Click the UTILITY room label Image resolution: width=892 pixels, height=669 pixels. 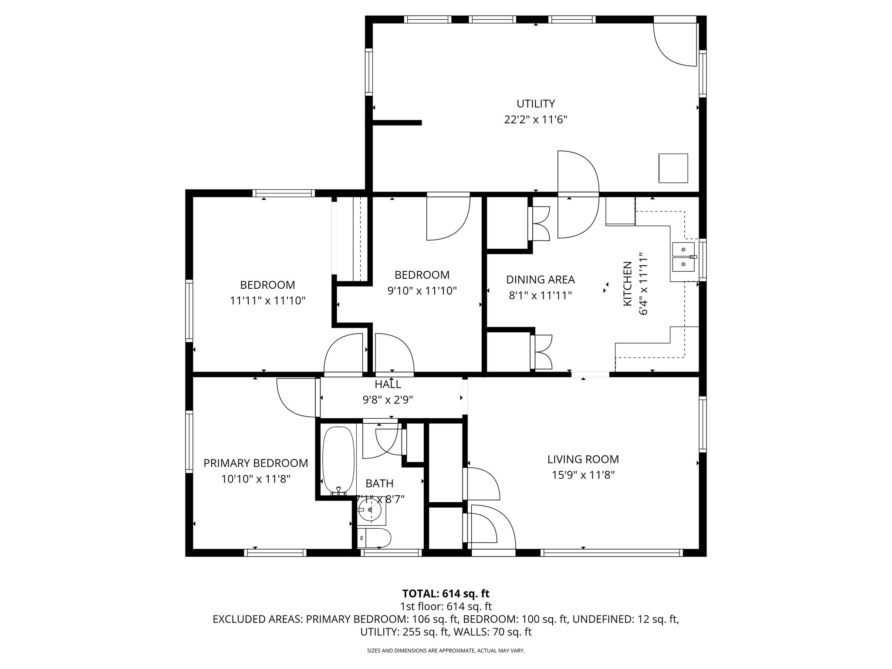[535, 104]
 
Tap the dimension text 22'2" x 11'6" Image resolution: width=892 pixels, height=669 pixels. [535, 120]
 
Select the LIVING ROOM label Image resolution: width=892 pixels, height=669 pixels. [583, 459]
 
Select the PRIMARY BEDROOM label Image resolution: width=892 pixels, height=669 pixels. [256, 463]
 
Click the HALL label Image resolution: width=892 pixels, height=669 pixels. [388, 384]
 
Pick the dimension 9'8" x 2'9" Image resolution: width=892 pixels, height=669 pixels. [388, 400]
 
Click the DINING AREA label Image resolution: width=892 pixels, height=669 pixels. [540, 280]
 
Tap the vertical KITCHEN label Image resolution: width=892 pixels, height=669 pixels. [628, 284]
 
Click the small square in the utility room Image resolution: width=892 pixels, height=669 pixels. [673, 168]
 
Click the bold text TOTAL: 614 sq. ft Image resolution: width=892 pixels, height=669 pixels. [446, 594]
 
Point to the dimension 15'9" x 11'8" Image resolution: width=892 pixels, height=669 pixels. [583, 475]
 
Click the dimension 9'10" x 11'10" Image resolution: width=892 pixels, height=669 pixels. [422, 291]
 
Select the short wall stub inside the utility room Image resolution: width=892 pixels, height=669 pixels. [396, 123]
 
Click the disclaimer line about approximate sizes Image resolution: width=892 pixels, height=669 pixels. [446, 651]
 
